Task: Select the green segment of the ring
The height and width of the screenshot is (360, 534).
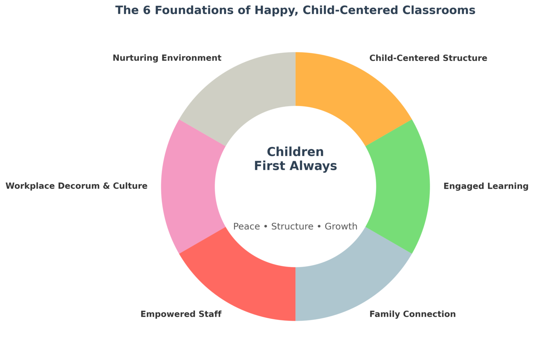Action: [x=403, y=186]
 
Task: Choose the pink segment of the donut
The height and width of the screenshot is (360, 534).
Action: [x=188, y=186]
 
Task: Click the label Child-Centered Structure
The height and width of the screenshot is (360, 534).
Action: [x=428, y=58]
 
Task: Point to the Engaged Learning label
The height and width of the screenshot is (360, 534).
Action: [x=486, y=186]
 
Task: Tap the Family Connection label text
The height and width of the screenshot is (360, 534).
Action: [x=412, y=314]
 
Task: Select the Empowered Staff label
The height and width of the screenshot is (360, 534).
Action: [x=181, y=314]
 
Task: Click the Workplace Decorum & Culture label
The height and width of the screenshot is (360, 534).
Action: [x=76, y=186]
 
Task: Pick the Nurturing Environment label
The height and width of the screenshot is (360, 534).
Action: [x=167, y=58]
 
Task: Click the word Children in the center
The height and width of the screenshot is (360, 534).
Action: [x=295, y=152]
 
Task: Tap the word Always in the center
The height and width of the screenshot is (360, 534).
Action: [x=316, y=166]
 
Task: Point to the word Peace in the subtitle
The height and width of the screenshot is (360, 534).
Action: [x=247, y=227]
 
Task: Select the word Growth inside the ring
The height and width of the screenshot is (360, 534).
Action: [x=341, y=227]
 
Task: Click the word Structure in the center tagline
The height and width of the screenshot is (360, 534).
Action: [x=292, y=227]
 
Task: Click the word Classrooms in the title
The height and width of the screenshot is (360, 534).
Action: [x=441, y=10]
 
